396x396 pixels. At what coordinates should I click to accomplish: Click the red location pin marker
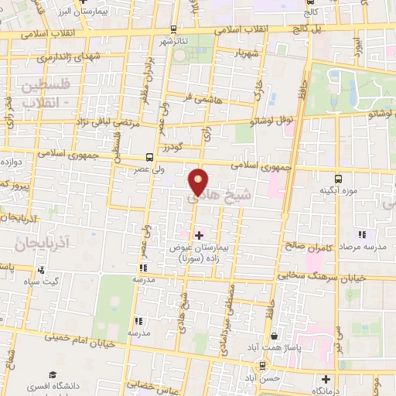(199, 183)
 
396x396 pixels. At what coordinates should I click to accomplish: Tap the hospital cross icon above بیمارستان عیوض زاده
(199, 234)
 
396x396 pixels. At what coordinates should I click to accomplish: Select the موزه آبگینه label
(340, 190)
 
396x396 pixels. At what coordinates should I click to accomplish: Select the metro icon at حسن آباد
(265, 365)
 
